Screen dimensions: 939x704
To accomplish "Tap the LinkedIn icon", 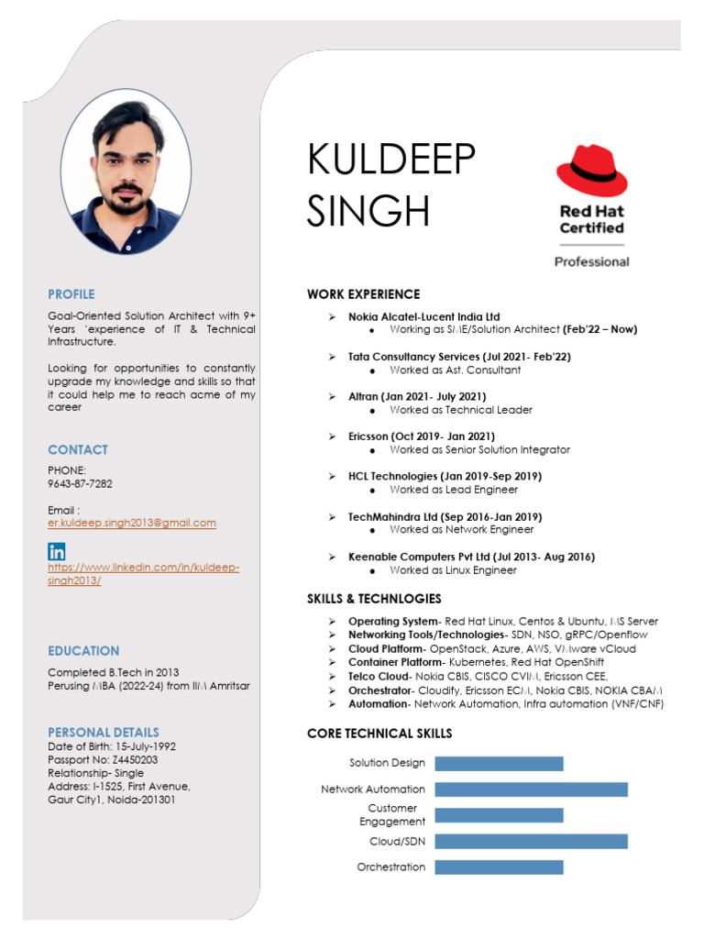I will pyautogui.click(x=57, y=551).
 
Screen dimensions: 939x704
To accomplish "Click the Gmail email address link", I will pyautogui.click(x=132, y=523).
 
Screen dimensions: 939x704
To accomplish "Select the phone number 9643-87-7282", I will pyautogui.click(x=80, y=483).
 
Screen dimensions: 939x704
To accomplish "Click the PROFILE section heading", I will pyautogui.click(x=71, y=294).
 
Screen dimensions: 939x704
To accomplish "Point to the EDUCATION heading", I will pyautogui.click(x=83, y=651).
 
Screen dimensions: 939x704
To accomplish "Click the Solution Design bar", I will pyautogui.click(x=499, y=763).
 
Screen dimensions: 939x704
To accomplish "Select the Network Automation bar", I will pyautogui.click(x=531, y=789).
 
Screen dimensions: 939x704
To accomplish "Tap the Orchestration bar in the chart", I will pyautogui.click(x=499, y=867).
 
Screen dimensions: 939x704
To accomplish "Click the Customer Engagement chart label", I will pyautogui.click(x=391, y=815).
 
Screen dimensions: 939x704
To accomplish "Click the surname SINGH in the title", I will pyautogui.click(x=368, y=211).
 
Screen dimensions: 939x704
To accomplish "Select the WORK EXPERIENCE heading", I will pyautogui.click(x=363, y=294).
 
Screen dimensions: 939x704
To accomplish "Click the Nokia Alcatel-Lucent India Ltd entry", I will pyautogui.click(x=423, y=316).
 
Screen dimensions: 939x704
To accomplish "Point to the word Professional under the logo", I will pyautogui.click(x=591, y=261).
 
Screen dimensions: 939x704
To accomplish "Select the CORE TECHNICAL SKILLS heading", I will pyautogui.click(x=379, y=734).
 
